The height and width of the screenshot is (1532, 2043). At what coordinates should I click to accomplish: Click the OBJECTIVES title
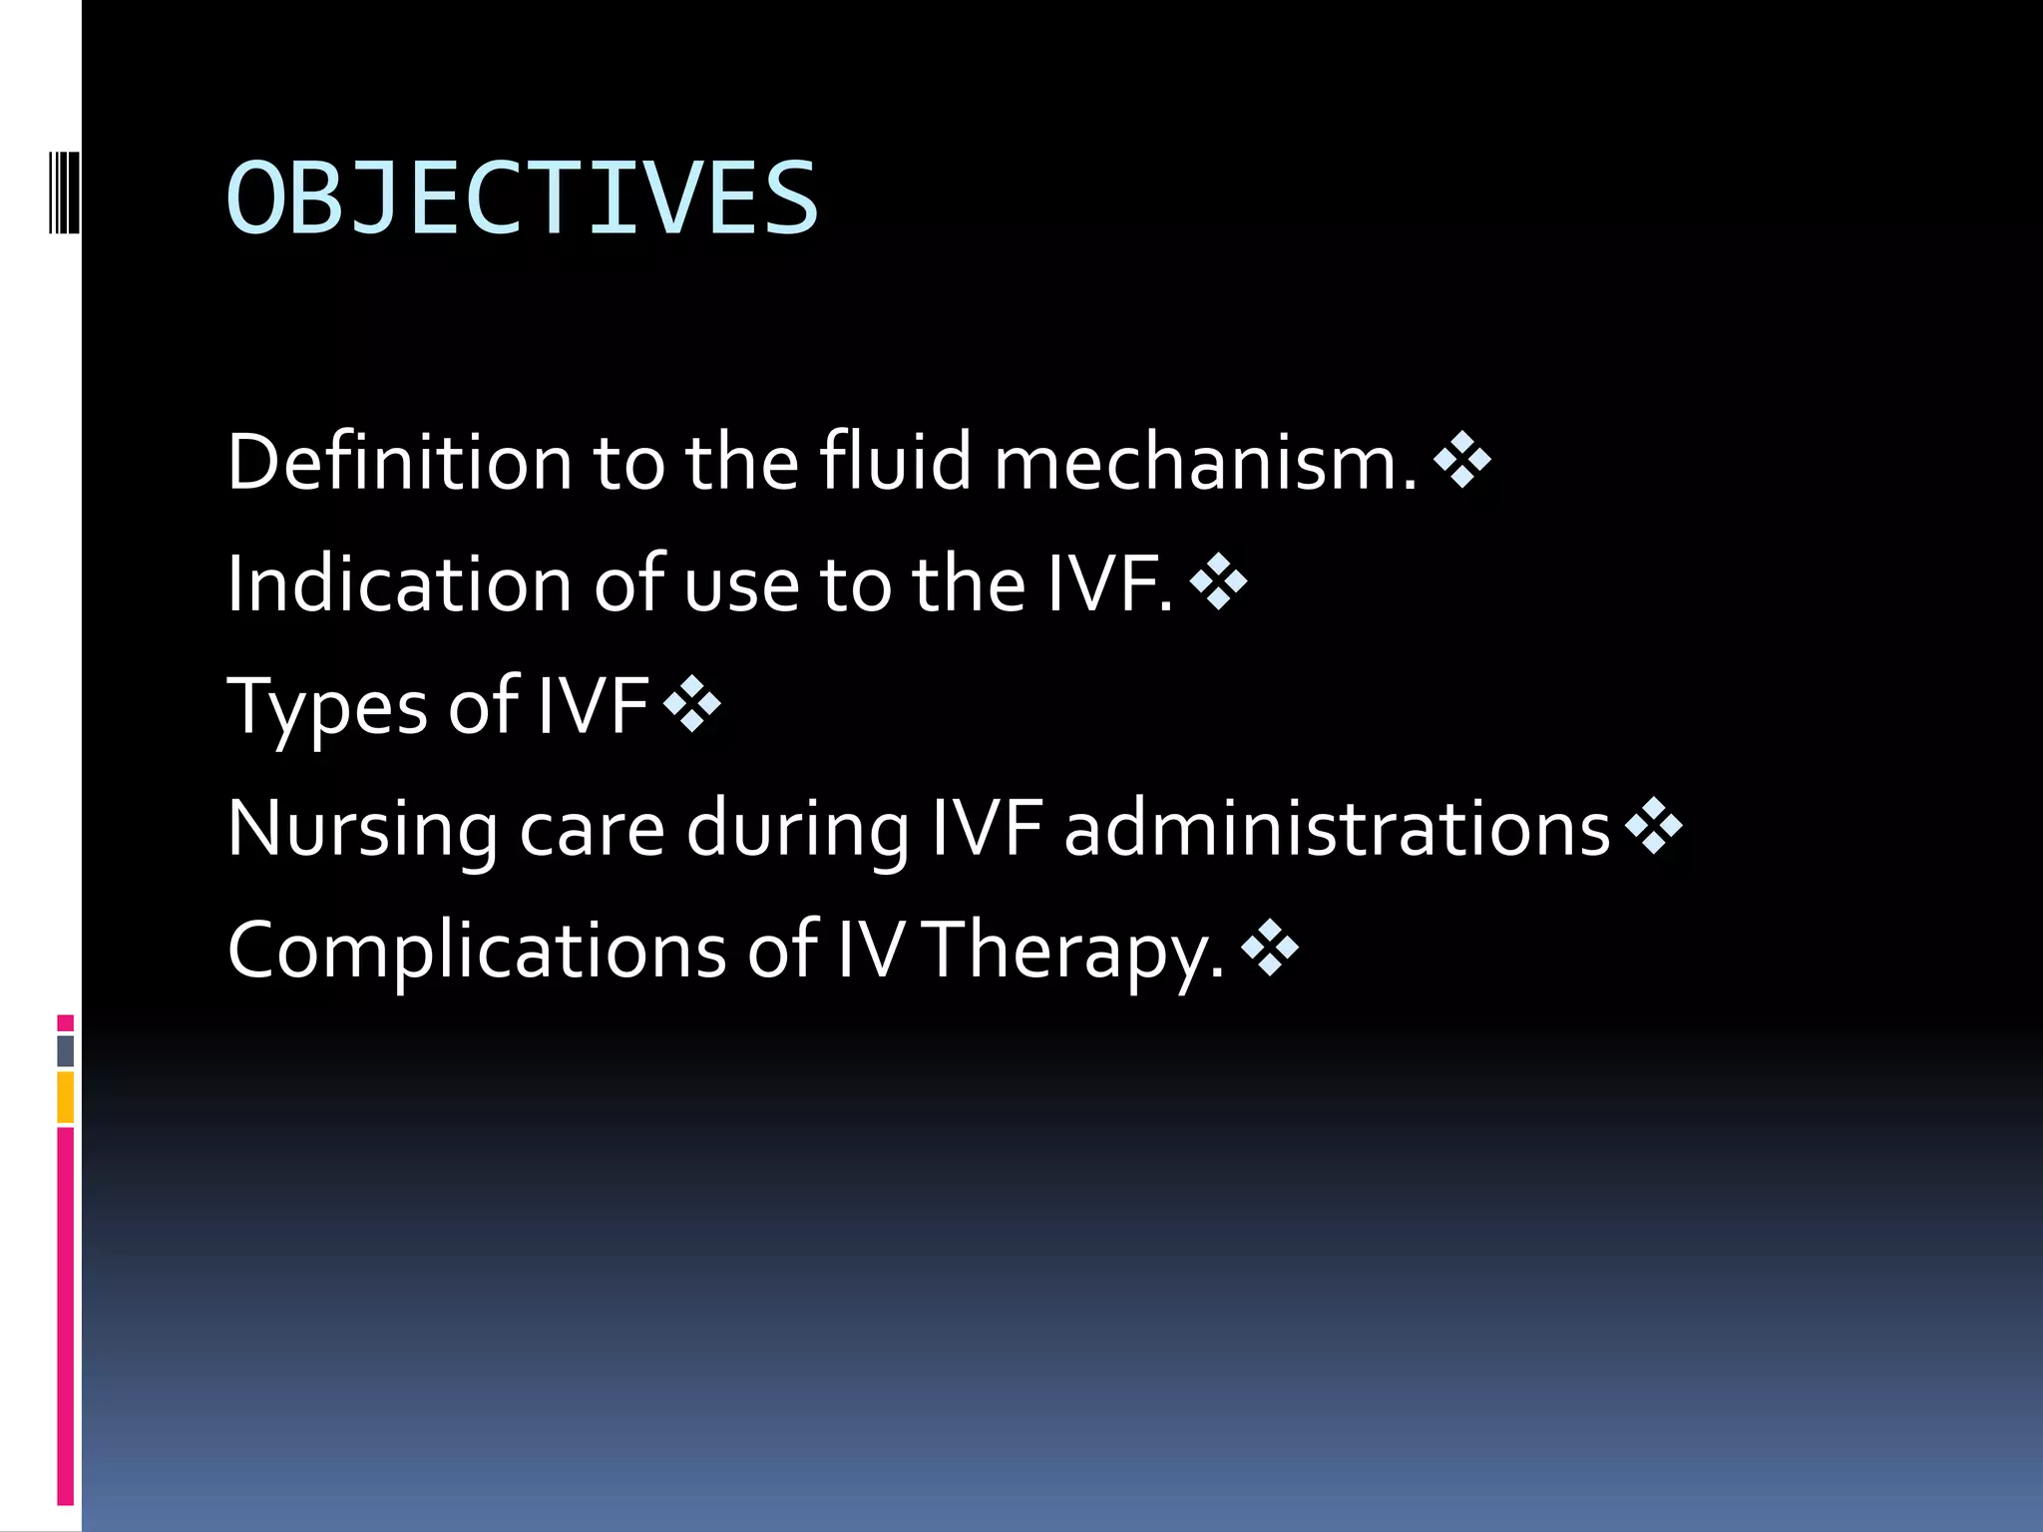pos(523,199)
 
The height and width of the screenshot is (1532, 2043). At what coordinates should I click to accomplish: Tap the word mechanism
pos(1204,462)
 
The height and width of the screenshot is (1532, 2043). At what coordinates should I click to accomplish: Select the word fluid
pos(895,462)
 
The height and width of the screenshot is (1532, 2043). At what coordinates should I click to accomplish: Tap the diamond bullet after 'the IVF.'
pos(1218,581)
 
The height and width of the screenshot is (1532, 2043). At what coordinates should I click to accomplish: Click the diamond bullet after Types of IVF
pos(691,704)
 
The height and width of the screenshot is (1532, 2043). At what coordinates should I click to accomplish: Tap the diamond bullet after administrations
pos(1653,826)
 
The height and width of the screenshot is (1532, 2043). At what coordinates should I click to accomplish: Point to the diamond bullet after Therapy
pos(1270,947)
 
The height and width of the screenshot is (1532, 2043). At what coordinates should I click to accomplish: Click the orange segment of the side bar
pos(65,1096)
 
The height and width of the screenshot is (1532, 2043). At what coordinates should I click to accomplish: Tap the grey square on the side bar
pos(65,1050)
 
